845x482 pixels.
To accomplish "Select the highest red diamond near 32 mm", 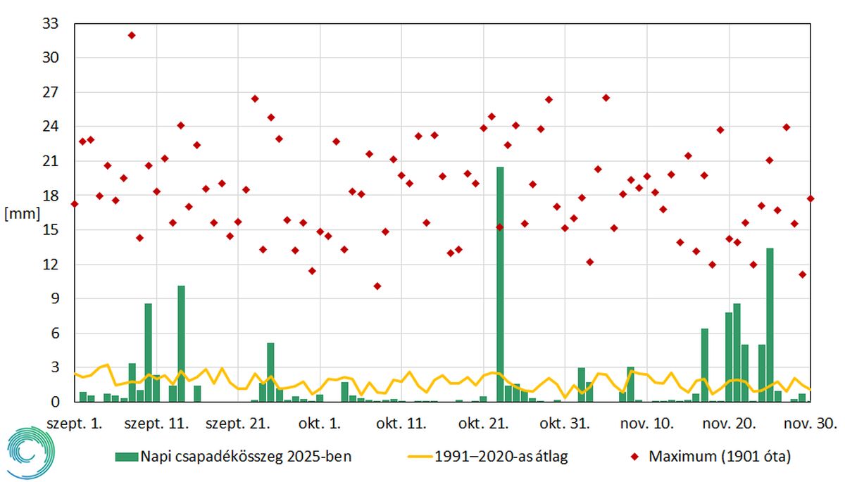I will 132,35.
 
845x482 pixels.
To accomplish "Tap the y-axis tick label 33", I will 51,23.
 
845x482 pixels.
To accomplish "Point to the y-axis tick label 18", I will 51,196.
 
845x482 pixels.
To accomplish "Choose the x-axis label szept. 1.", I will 75,424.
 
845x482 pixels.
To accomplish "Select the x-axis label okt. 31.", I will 565,424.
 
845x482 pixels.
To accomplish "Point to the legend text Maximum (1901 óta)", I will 720,457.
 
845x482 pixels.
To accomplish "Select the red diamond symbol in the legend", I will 634,457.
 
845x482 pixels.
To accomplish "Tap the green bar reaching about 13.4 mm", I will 770,325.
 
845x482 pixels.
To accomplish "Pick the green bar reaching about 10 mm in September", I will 181,344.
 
